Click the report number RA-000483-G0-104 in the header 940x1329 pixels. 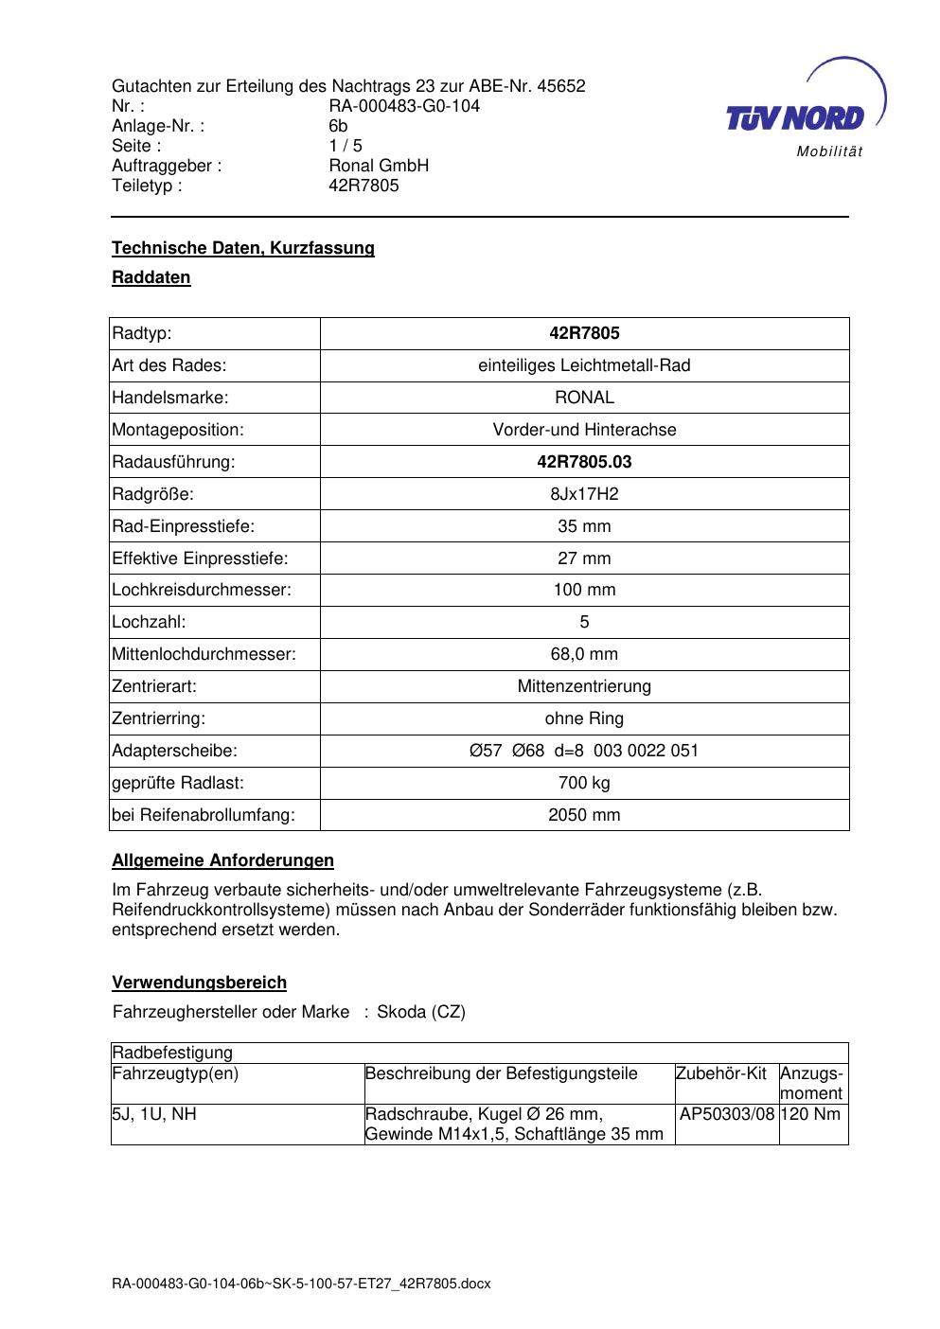click(404, 106)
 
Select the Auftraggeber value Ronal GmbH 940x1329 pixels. click(379, 166)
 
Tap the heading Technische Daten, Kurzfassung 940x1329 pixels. click(243, 248)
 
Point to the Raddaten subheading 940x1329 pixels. click(151, 277)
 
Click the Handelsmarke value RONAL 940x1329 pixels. click(584, 398)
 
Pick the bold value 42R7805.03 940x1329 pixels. click(584, 462)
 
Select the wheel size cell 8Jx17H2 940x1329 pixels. click(584, 494)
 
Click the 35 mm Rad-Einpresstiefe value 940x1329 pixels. click(584, 526)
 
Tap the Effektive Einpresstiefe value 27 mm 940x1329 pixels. click(584, 558)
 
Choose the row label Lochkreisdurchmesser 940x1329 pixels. click(202, 590)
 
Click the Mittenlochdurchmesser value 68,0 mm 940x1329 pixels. click(584, 654)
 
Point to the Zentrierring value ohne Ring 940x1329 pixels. click(584, 718)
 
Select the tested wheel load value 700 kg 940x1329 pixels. click(584, 783)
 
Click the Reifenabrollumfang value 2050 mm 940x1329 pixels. click(584, 815)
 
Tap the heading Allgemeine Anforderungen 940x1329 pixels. click(223, 860)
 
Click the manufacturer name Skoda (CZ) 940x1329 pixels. click(421, 1012)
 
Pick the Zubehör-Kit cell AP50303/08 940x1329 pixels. click(727, 1114)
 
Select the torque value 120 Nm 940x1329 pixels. click(811, 1114)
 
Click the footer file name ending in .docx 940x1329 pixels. click(301, 1284)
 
